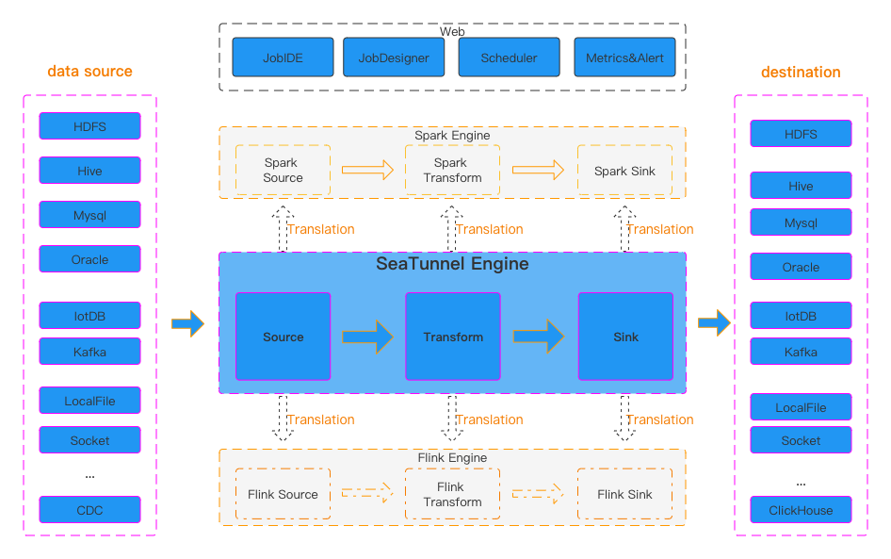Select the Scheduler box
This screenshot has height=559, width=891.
pos(509,58)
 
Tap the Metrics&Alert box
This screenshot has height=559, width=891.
pos(624,58)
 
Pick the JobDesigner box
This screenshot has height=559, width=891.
pos(394,58)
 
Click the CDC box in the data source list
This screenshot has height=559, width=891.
pos(89,510)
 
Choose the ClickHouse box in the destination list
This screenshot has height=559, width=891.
pos(801,510)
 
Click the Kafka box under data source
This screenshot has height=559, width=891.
pos(89,352)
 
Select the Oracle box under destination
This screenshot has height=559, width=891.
pos(801,267)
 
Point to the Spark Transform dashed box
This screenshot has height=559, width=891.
pos(452,170)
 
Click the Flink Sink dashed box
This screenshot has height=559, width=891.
pos(624,494)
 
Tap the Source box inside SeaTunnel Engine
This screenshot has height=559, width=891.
pos(283,337)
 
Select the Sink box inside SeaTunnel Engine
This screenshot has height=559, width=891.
pos(625,337)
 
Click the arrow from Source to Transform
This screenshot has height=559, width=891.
pos(367,337)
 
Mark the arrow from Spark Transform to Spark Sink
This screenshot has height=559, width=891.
pos(538,171)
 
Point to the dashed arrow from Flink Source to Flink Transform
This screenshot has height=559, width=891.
pos(366,493)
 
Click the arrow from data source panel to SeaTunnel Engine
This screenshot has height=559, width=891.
pos(187,323)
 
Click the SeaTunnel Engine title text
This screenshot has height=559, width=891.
pos(452,264)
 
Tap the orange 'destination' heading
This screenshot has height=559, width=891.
pos(801,72)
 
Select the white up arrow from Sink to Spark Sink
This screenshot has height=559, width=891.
pos(624,230)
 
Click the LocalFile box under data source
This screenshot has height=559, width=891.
pos(89,401)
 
